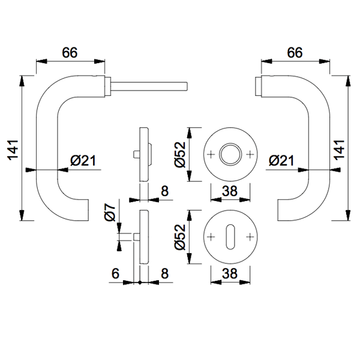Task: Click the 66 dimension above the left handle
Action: (x=70, y=52)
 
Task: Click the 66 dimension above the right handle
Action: (x=295, y=52)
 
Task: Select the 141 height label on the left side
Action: (x=13, y=150)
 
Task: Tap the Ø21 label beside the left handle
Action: (x=83, y=160)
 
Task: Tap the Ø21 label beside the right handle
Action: (x=281, y=160)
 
